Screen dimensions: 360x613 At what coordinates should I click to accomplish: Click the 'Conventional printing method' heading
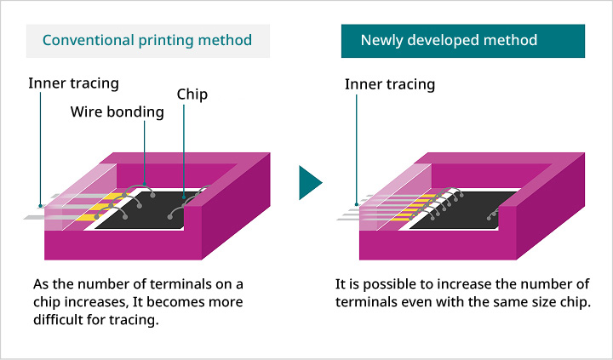147,40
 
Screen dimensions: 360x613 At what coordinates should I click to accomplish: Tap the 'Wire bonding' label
117,111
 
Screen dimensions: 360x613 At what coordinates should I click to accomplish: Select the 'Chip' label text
192,94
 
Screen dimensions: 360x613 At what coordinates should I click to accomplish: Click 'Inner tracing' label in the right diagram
390,84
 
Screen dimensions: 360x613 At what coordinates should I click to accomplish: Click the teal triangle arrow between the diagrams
310,182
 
